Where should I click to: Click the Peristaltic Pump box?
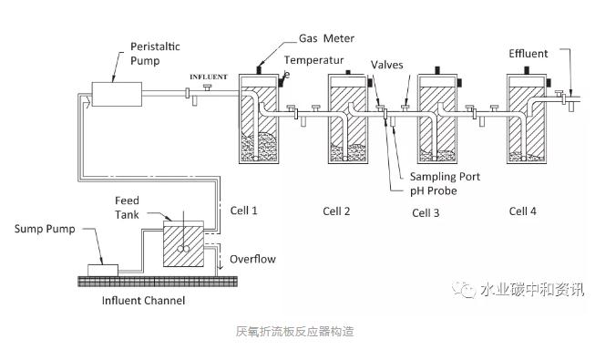[x=117, y=94]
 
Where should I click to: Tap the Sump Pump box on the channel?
[x=103, y=271]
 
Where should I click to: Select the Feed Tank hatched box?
[x=183, y=244]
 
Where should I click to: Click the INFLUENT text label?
[x=209, y=77]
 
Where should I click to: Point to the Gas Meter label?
[x=326, y=38]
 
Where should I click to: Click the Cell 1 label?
[x=243, y=211]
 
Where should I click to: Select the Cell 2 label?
[x=336, y=211]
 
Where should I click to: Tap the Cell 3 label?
[x=426, y=213]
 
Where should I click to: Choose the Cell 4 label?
[x=522, y=211]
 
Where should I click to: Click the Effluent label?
[x=528, y=54]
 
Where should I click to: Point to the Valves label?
[x=387, y=65]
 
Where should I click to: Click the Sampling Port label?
[x=445, y=177]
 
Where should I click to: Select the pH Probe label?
[x=434, y=191]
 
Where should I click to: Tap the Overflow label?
[x=252, y=260]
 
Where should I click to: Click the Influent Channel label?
[x=143, y=301]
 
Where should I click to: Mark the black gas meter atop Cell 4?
[x=527, y=70]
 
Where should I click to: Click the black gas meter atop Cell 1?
[x=259, y=70]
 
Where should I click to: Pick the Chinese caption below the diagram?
[x=294, y=332]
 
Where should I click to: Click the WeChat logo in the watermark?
[x=463, y=289]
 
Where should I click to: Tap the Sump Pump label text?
[x=45, y=229]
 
